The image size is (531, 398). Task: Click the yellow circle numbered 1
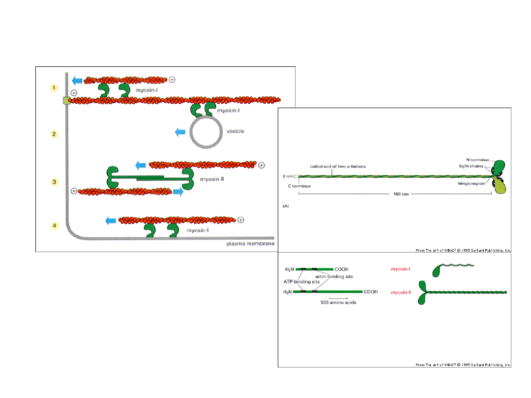coord(55,88)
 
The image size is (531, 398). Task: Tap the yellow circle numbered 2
coord(55,134)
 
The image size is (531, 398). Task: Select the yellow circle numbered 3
coord(55,182)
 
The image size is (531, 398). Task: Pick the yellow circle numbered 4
coord(55,226)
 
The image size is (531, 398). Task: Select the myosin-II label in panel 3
coord(213,179)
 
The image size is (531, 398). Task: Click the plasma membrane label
coord(250,244)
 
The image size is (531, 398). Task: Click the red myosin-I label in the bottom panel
coord(401,269)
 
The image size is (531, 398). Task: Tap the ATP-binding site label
coord(301,282)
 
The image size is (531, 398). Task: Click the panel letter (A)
coord(285,207)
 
